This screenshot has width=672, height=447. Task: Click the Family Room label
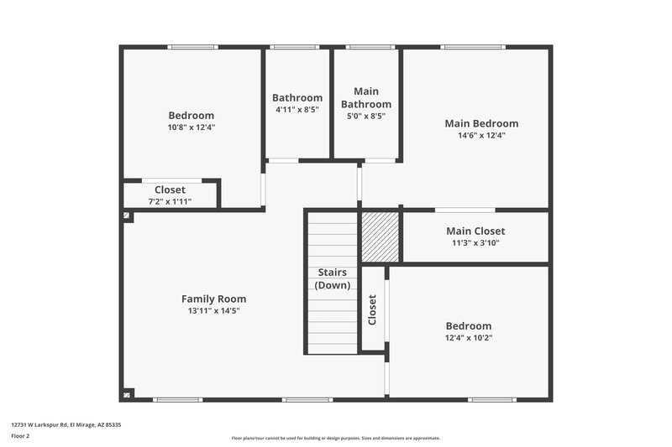point(213,299)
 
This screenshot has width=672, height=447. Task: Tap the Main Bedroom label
point(481,123)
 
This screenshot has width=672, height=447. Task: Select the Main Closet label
point(475,231)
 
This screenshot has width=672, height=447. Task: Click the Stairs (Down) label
point(333,278)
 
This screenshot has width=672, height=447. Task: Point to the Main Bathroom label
point(365,97)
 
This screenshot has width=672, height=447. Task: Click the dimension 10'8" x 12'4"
point(191,127)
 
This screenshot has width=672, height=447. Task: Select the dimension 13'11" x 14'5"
point(213,311)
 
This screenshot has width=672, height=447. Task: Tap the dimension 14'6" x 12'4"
point(481,135)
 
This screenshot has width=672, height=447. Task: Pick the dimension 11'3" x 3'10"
point(475,243)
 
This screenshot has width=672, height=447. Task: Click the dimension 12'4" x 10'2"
point(469,338)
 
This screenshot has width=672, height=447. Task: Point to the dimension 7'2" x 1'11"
point(170,202)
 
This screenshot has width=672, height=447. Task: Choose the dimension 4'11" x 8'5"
point(297,110)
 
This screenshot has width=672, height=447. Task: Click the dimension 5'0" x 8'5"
point(365,117)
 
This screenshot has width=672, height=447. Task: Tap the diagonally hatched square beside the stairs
point(380,236)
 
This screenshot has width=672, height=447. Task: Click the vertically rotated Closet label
point(372,310)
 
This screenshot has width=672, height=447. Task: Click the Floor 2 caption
point(21,436)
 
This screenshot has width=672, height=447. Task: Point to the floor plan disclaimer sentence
point(335,438)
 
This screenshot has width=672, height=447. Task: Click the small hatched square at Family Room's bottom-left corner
point(128,393)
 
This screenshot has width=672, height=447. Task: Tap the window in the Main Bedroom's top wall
point(474,47)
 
